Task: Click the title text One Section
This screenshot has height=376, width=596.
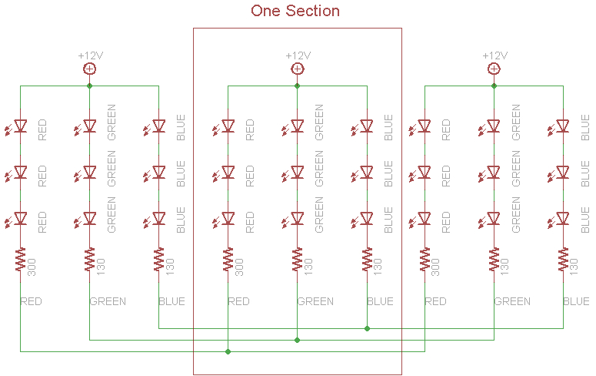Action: pyautogui.click(x=295, y=11)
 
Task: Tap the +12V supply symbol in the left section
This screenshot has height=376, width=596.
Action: pyautogui.click(x=89, y=69)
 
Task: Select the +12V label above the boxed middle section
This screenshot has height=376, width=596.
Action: pyautogui.click(x=298, y=55)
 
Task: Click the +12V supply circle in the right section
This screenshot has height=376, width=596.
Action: pyautogui.click(x=494, y=69)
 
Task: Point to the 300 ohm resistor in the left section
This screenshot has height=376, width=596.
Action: pyautogui.click(x=21, y=260)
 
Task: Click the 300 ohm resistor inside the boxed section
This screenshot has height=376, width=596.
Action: pyautogui.click(x=228, y=260)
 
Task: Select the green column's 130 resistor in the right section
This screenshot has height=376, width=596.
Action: pyautogui.click(x=494, y=260)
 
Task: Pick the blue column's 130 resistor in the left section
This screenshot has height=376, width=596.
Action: pyautogui.click(x=159, y=260)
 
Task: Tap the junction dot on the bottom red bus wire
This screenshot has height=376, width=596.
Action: pyautogui.click(x=228, y=351)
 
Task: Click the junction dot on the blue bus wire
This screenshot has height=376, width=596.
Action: pyautogui.click(x=367, y=328)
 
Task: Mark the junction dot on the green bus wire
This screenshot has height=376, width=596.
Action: pyautogui.click(x=298, y=339)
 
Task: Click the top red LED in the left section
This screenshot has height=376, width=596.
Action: pyautogui.click(x=21, y=126)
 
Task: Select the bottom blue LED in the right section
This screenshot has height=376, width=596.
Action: pyautogui.click(x=563, y=218)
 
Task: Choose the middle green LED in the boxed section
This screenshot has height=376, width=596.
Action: pyautogui.click(x=298, y=172)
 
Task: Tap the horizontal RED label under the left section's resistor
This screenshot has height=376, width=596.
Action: pyautogui.click(x=32, y=301)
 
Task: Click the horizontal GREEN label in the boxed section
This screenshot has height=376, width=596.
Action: pyautogui.click(x=315, y=301)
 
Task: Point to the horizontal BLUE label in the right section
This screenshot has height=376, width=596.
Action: pyautogui.click(x=576, y=301)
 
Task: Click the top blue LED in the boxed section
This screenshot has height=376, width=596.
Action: pyautogui.click(x=367, y=126)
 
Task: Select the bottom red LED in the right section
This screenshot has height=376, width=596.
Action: pyautogui.click(x=425, y=218)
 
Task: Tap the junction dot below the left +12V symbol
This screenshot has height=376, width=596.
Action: pyautogui.click(x=89, y=86)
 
